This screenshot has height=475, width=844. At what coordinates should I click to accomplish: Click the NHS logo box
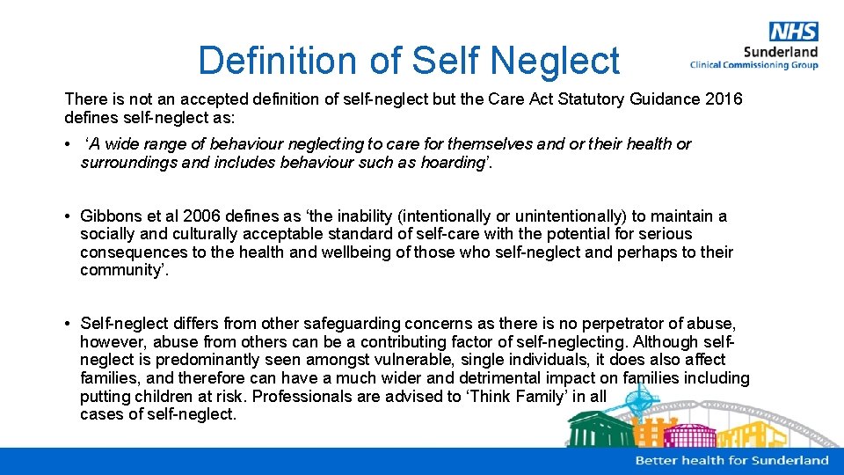tap(793, 33)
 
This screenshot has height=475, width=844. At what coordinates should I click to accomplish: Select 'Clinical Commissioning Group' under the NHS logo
tap(754, 65)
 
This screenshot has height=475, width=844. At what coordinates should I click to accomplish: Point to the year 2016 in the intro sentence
tap(724, 99)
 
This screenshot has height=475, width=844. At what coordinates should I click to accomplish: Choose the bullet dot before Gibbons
tap(69, 216)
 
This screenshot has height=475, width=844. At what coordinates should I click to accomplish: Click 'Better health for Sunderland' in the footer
tap(731, 460)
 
